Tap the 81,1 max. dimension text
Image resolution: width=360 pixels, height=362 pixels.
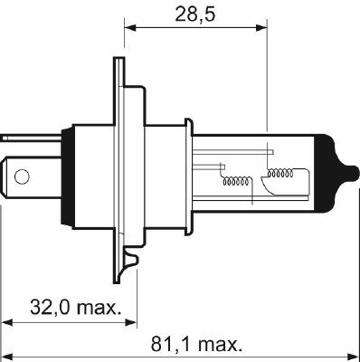196,344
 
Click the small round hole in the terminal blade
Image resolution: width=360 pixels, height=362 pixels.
24,171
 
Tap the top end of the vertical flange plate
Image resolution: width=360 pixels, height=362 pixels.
117,62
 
